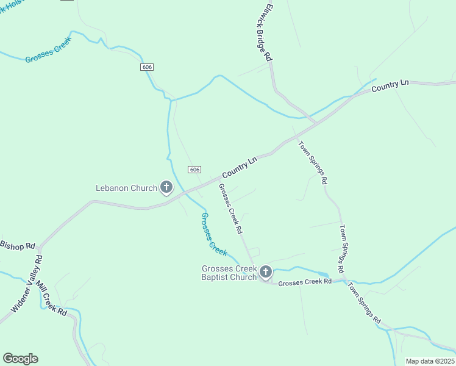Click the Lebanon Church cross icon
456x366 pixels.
[166, 187]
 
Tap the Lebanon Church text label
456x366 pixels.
[127, 188]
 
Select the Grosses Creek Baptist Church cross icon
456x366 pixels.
[265, 271]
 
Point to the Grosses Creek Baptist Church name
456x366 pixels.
[229, 273]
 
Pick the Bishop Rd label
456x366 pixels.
[18, 246]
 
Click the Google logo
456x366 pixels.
[20, 359]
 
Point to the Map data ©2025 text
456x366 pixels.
[430, 361]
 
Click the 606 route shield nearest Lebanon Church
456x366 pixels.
[194, 170]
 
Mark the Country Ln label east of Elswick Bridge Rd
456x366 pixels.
[390, 86]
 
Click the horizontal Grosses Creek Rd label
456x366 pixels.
[305, 282]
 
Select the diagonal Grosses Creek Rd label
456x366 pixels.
[231, 209]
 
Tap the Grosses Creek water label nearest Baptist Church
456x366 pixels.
[213, 234]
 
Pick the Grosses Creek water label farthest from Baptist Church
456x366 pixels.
[48, 51]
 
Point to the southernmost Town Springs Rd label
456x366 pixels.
[365, 304]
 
